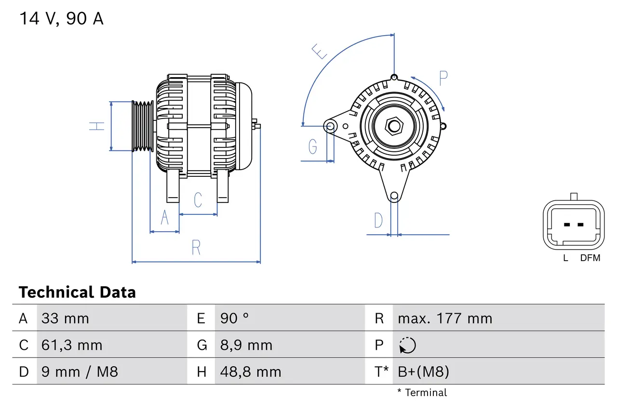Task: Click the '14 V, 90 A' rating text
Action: (61, 19)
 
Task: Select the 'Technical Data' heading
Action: (77, 292)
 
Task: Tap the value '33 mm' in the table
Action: (65, 318)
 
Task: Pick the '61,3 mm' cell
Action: (72, 345)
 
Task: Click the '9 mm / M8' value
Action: (80, 372)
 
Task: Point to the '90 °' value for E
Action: (235, 318)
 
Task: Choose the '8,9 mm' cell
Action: (246, 345)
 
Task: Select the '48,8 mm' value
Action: (251, 372)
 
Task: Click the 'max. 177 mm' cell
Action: (445, 318)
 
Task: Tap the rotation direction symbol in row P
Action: (407, 345)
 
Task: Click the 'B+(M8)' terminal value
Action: (423, 372)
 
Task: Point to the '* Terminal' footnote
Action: (422, 393)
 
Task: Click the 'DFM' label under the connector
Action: (590, 258)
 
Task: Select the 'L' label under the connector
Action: (566, 258)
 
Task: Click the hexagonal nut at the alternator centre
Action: (394, 126)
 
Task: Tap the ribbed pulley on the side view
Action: (143, 126)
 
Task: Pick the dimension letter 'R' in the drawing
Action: (196, 248)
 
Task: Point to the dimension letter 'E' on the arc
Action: (319, 51)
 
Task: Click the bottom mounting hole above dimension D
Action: (394, 196)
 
